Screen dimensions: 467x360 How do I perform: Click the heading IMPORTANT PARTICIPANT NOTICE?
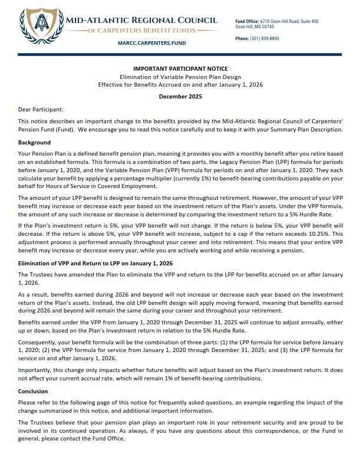tap(180, 69)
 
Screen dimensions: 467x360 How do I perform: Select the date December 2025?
tap(180, 96)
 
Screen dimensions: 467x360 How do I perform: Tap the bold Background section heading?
tap(34, 143)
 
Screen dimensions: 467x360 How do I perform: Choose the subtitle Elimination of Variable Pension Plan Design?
tap(180, 77)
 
